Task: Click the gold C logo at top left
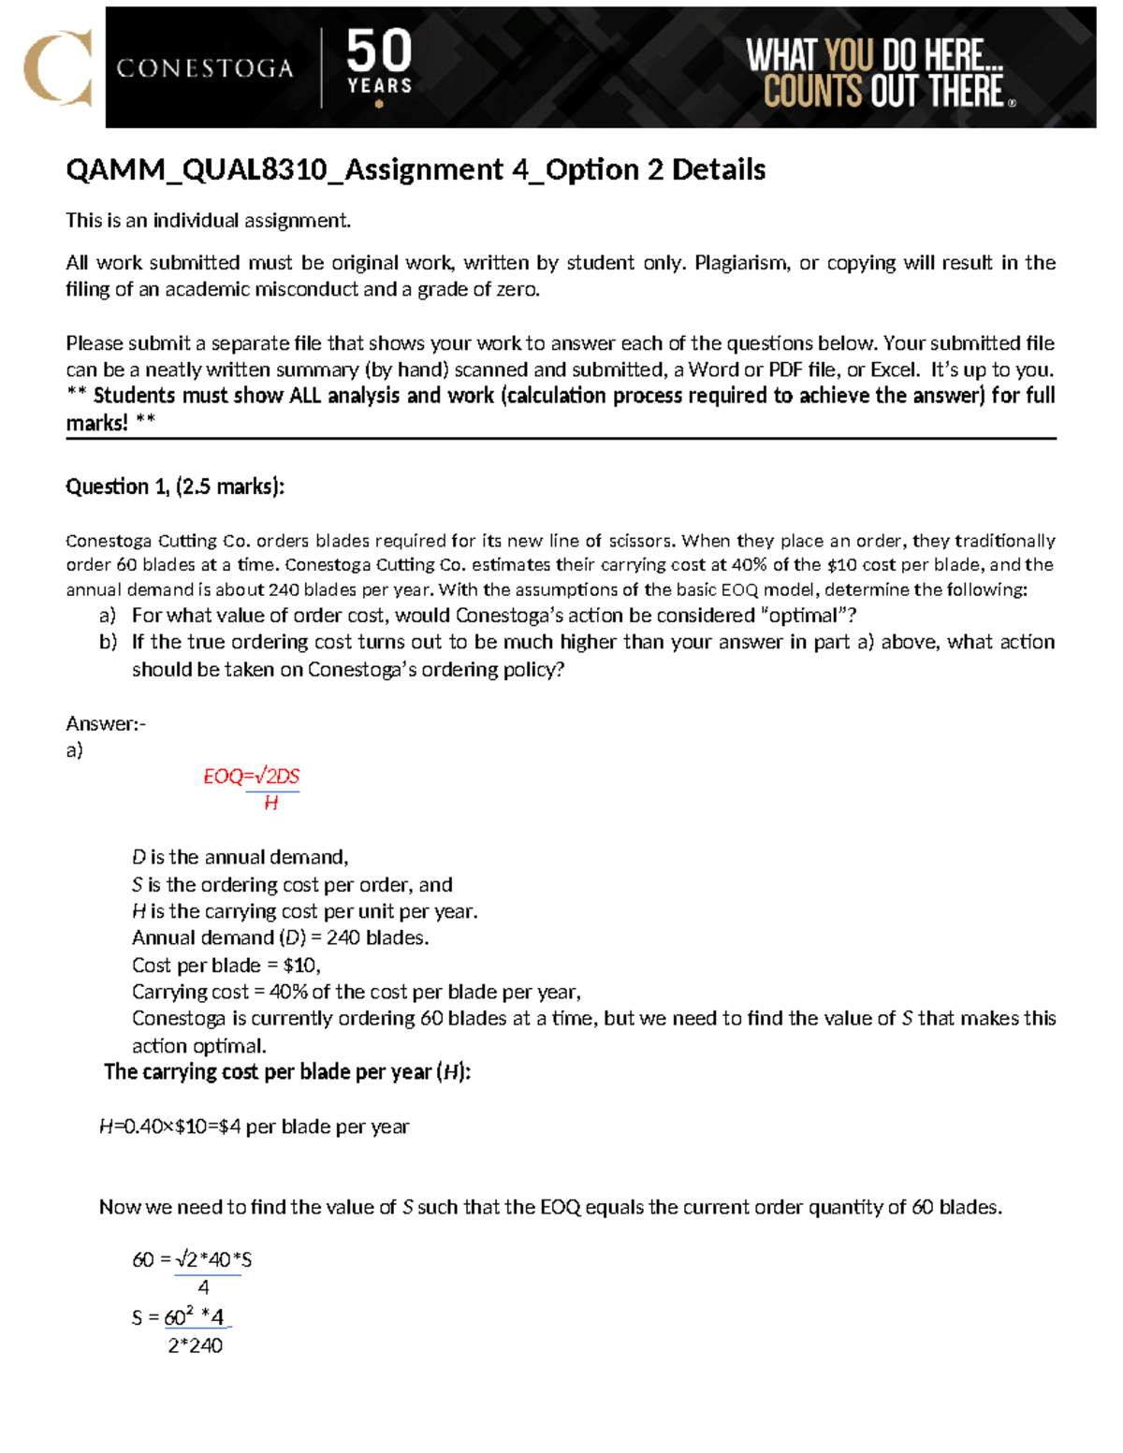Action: tap(58, 67)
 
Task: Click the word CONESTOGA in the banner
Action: tap(205, 68)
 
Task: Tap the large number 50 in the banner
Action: tap(379, 51)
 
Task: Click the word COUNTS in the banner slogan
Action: tap(812, 92)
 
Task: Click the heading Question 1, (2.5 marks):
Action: tap(175, 487)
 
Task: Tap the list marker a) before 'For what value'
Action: tap(108, 616)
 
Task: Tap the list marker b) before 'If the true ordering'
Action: tap(108, 642)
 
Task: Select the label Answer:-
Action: tap(106, 723)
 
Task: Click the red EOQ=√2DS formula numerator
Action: tap(252, 776)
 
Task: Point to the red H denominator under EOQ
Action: tap(270, 803)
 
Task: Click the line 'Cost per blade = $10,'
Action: tap(226, 965)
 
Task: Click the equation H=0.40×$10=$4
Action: tap(169, 1126)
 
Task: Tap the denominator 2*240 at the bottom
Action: tap(195, 1345)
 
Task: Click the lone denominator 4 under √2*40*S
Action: tap(203, 1287)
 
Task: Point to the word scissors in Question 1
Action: tap(640, 541)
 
